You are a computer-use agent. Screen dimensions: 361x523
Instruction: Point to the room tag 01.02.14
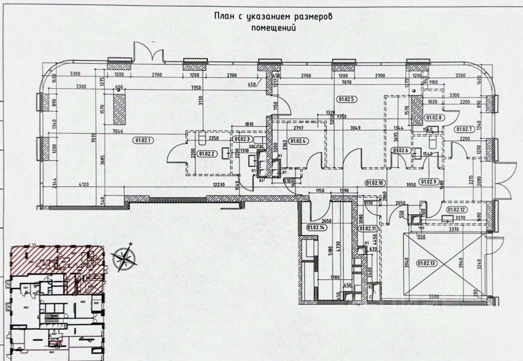point(313,228)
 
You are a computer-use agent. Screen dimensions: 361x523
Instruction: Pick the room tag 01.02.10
point(375,182)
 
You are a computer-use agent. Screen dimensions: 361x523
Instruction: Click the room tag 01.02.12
point(457,210)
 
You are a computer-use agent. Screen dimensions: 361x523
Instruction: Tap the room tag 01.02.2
point(206,154)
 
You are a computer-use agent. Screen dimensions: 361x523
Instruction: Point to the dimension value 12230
point(218,185)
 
